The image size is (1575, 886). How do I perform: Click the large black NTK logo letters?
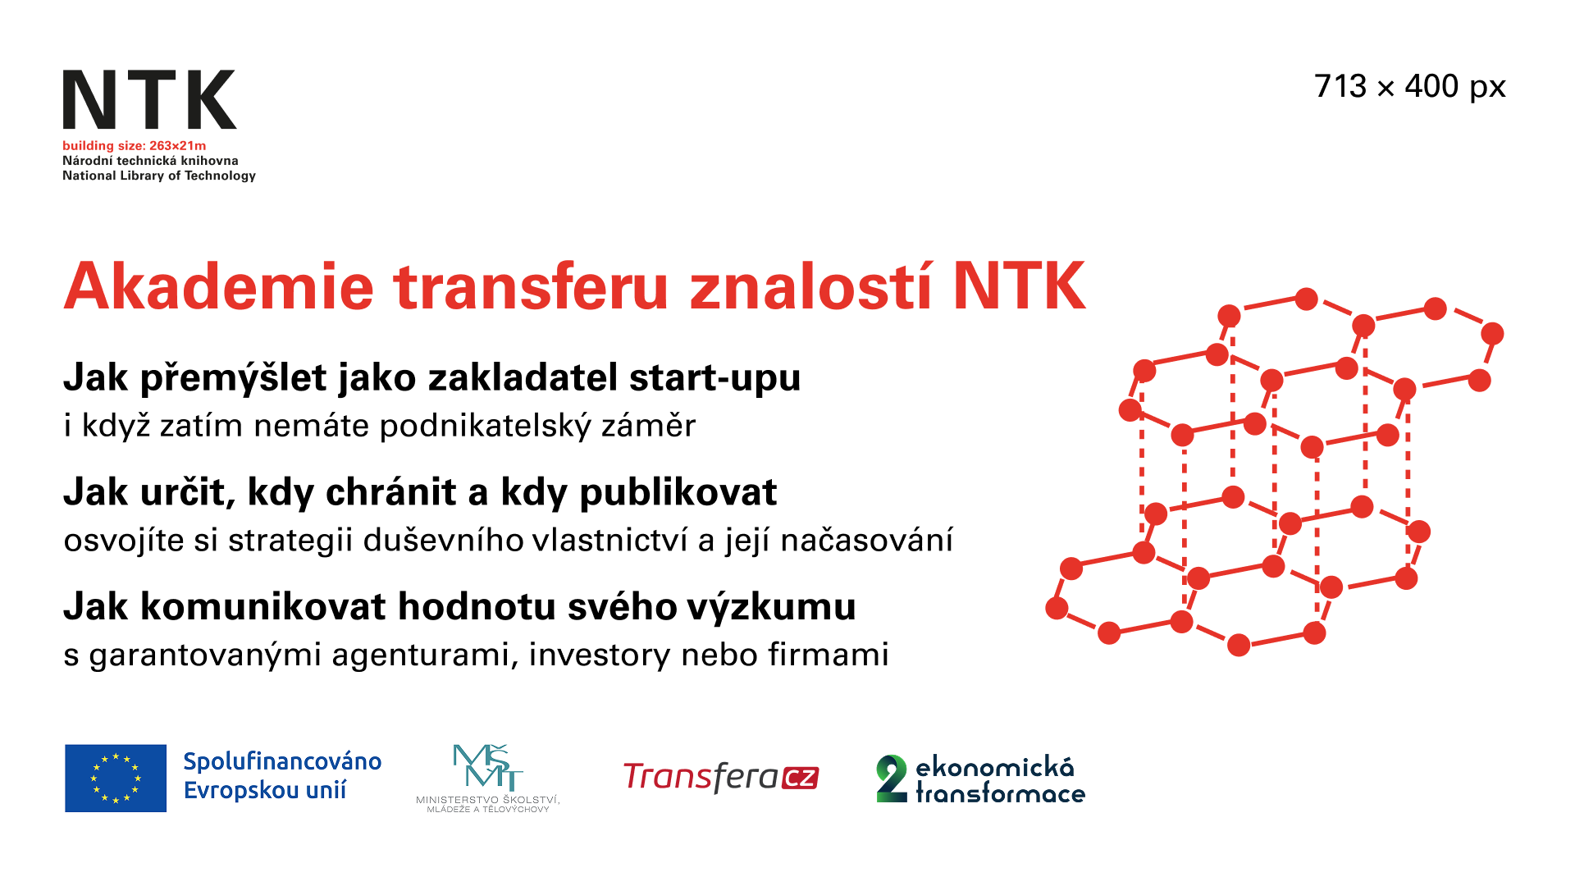click(x=149, y=99)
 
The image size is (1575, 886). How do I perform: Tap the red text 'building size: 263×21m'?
click(x=134, y=146)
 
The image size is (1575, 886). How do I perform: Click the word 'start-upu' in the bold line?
click(x=714, y=378)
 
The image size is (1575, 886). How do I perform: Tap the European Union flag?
click(x=116, y=778)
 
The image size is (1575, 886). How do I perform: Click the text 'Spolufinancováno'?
click(x=282, y=761)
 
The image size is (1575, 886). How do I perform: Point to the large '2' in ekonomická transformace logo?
click(x=892, y=778)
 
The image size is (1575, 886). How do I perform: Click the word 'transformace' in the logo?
click(x=1000, y=794)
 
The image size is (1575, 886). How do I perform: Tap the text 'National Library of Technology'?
click(x=159, y=176)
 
